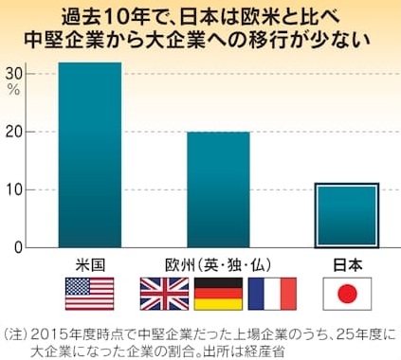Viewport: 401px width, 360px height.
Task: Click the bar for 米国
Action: pos(90,154)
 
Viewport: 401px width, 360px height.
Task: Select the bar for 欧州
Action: pos(218,189)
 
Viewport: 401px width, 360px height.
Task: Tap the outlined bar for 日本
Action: pos(347,215)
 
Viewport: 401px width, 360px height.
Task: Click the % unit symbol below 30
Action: pos(13,90)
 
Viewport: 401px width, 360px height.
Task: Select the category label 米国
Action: pos(90,265)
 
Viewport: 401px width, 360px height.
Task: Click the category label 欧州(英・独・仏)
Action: pos(218,265)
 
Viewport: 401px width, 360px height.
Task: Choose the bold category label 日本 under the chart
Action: pos(347,265)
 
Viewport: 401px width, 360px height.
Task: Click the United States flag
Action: pos(90,294)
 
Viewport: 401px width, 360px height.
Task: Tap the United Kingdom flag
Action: pos(164,294)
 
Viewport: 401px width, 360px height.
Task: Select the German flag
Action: pos(218,294)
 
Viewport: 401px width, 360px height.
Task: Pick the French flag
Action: pos(272,294)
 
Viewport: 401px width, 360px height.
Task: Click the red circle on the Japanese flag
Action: pos(347,294)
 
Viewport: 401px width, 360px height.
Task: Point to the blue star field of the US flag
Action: pos(78,286)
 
